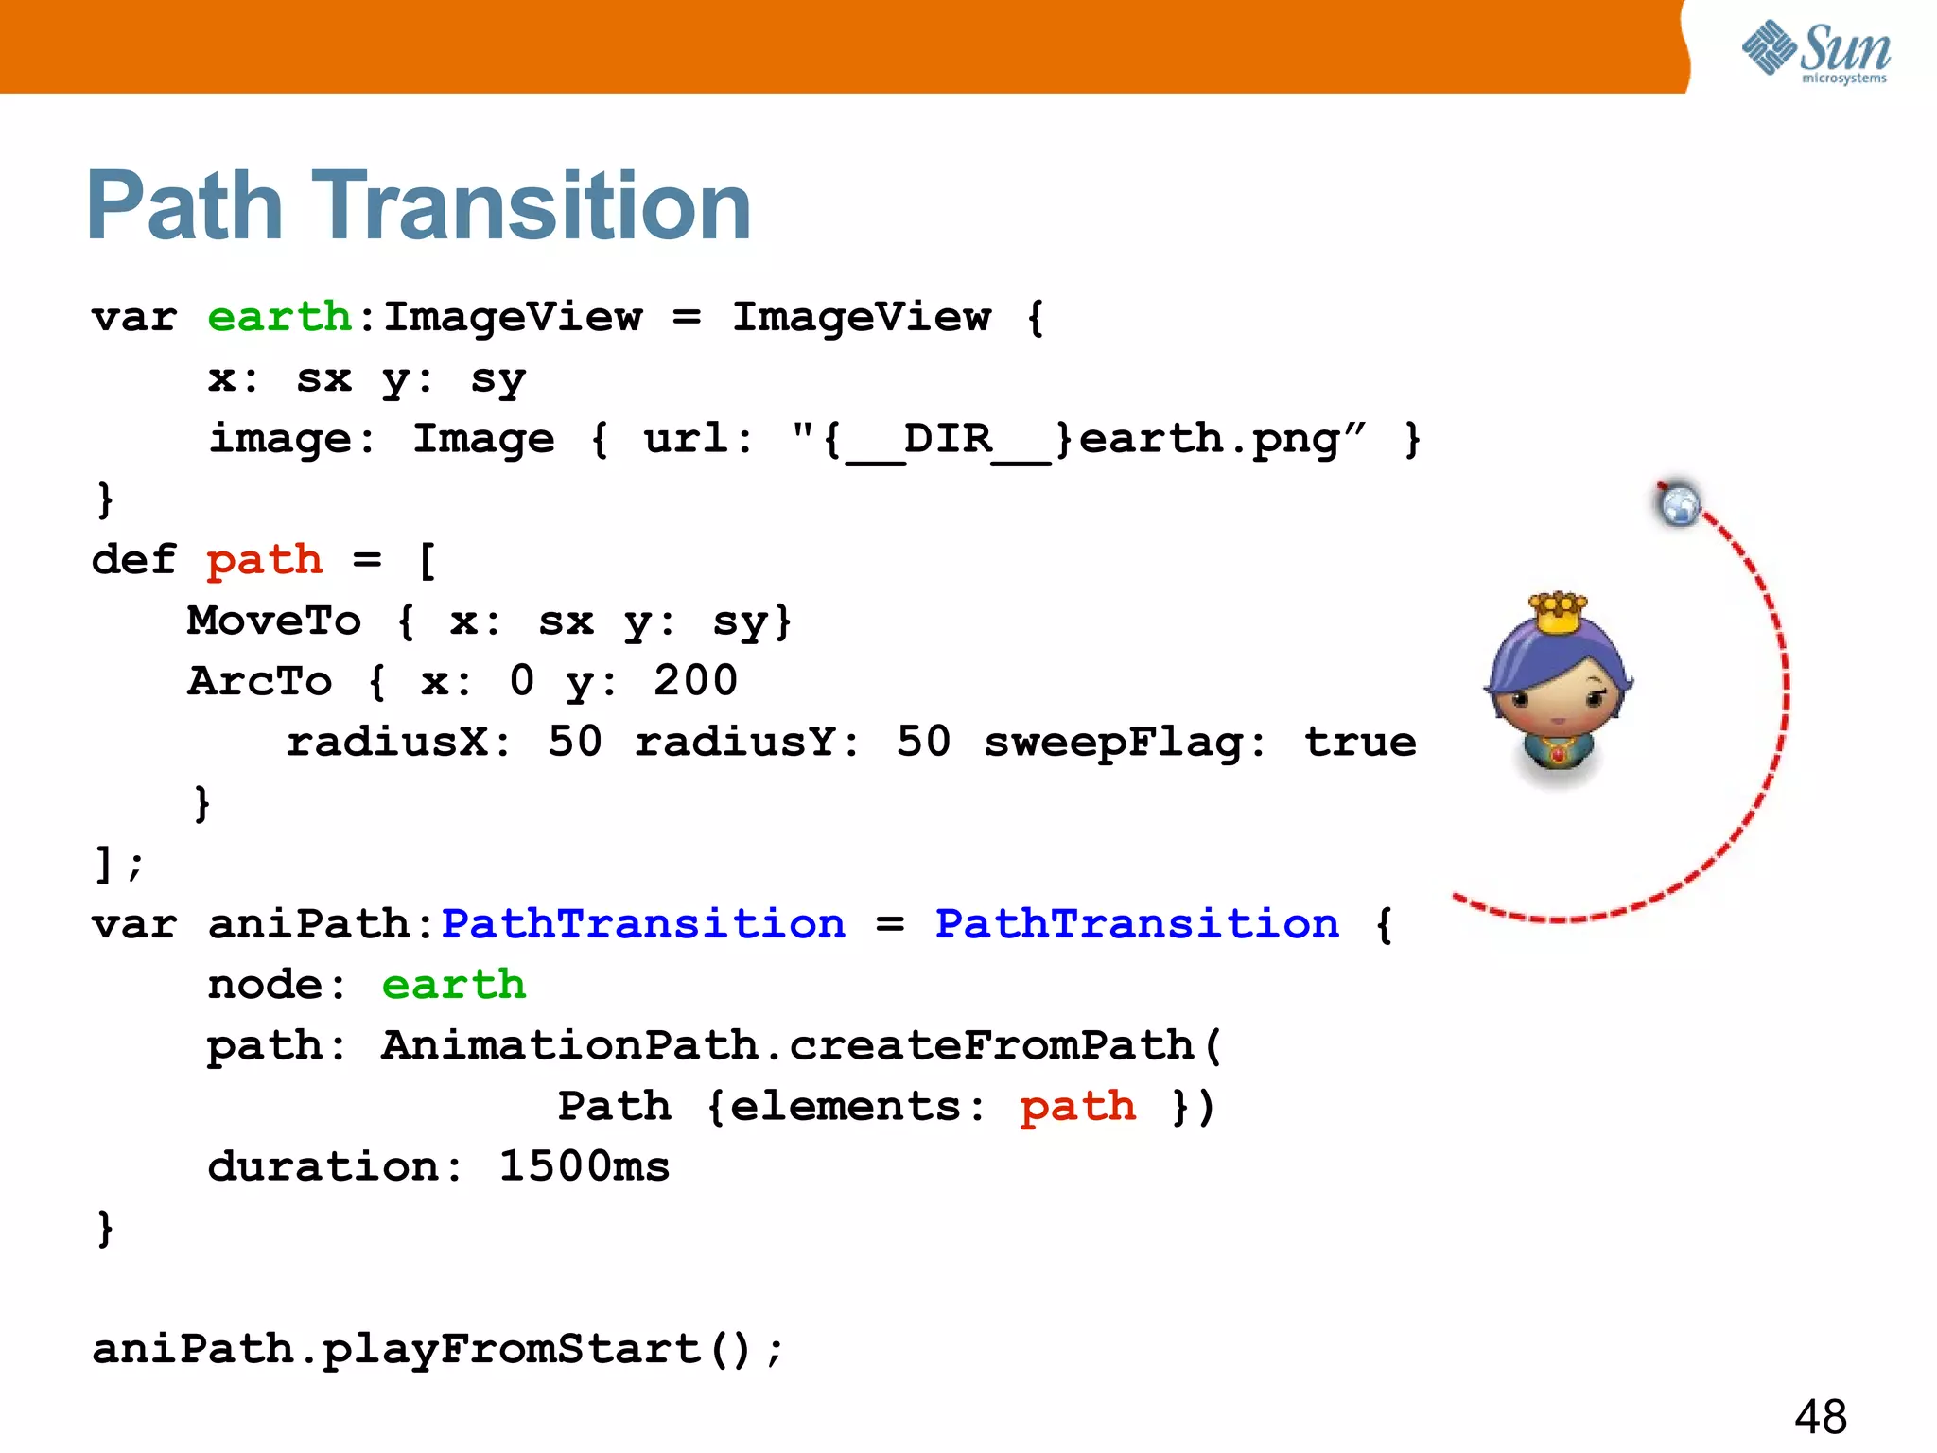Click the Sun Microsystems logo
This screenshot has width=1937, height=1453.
tap(1816, 51)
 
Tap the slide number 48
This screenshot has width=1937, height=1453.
tap(1820, 1417)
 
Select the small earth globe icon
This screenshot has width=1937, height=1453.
tap(1680, 504)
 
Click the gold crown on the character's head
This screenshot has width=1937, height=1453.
tap(1558, 613)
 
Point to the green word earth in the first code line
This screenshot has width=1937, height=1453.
tap(279, 317)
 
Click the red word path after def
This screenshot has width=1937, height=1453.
tap(264, 560)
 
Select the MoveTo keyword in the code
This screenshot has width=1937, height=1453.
tap(273, 621)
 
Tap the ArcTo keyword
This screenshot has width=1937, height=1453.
tap(259, 682)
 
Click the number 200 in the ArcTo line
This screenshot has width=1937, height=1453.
tap(695, 681)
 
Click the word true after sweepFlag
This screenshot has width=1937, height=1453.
tap(1360, 743)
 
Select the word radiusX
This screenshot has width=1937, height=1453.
tap(388, 743)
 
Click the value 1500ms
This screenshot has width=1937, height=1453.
tap(584, 1166)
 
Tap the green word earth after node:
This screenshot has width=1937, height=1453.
tap(453, 985)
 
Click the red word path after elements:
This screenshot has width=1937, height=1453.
tap(1077, 1107)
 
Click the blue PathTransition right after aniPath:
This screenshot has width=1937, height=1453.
tap(643, 924)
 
